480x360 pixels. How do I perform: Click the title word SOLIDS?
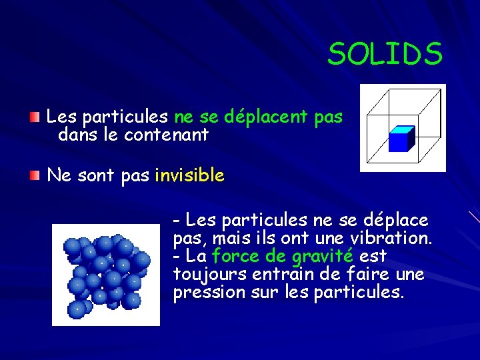(385, 54)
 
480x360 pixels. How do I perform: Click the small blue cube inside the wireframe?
(401, 139)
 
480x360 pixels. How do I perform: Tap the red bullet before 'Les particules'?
(34, 117)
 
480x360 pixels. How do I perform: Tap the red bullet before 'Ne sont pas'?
(34, 175)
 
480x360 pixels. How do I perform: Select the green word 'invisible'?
(189, 176)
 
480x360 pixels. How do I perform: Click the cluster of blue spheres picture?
(105, 275)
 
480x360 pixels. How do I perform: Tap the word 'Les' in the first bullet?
(62, 117)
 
